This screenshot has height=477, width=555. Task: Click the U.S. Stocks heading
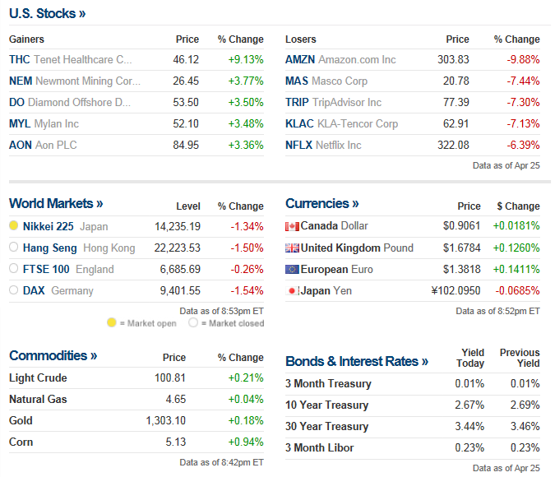tap(48, 13)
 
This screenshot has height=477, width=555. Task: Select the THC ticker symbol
tap(19, 60)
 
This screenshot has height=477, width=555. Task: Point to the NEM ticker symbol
tap(21, 81)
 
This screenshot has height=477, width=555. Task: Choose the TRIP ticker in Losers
tap(297, 103)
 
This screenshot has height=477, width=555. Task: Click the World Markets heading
tap(56, 203)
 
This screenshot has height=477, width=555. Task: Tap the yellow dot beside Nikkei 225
tap(14, 226)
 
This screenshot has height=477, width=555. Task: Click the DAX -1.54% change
tap(246, 290)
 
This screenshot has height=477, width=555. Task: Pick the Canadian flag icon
tap(292, 226)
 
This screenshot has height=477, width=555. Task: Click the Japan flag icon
tap(292, 290)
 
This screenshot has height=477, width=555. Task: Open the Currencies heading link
tap(322, 203)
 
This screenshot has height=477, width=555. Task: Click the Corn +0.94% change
tap(246, 442)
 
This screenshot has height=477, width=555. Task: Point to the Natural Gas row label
tap(38, 399)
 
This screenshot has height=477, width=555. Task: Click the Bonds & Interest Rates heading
tap(357, 362)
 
